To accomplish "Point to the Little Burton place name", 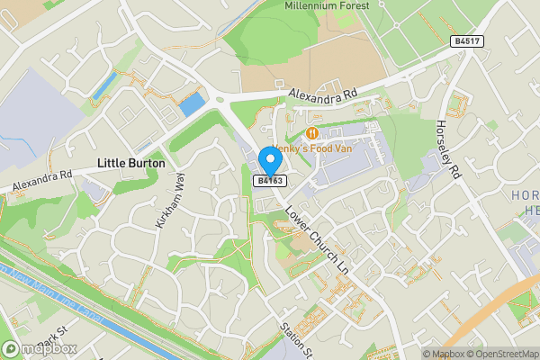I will coord(130,163).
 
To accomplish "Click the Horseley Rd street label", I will coord(447,148).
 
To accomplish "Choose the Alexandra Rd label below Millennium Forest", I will coord(323,94).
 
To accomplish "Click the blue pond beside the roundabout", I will coord(193,104).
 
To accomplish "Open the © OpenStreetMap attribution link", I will coord(501,354).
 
